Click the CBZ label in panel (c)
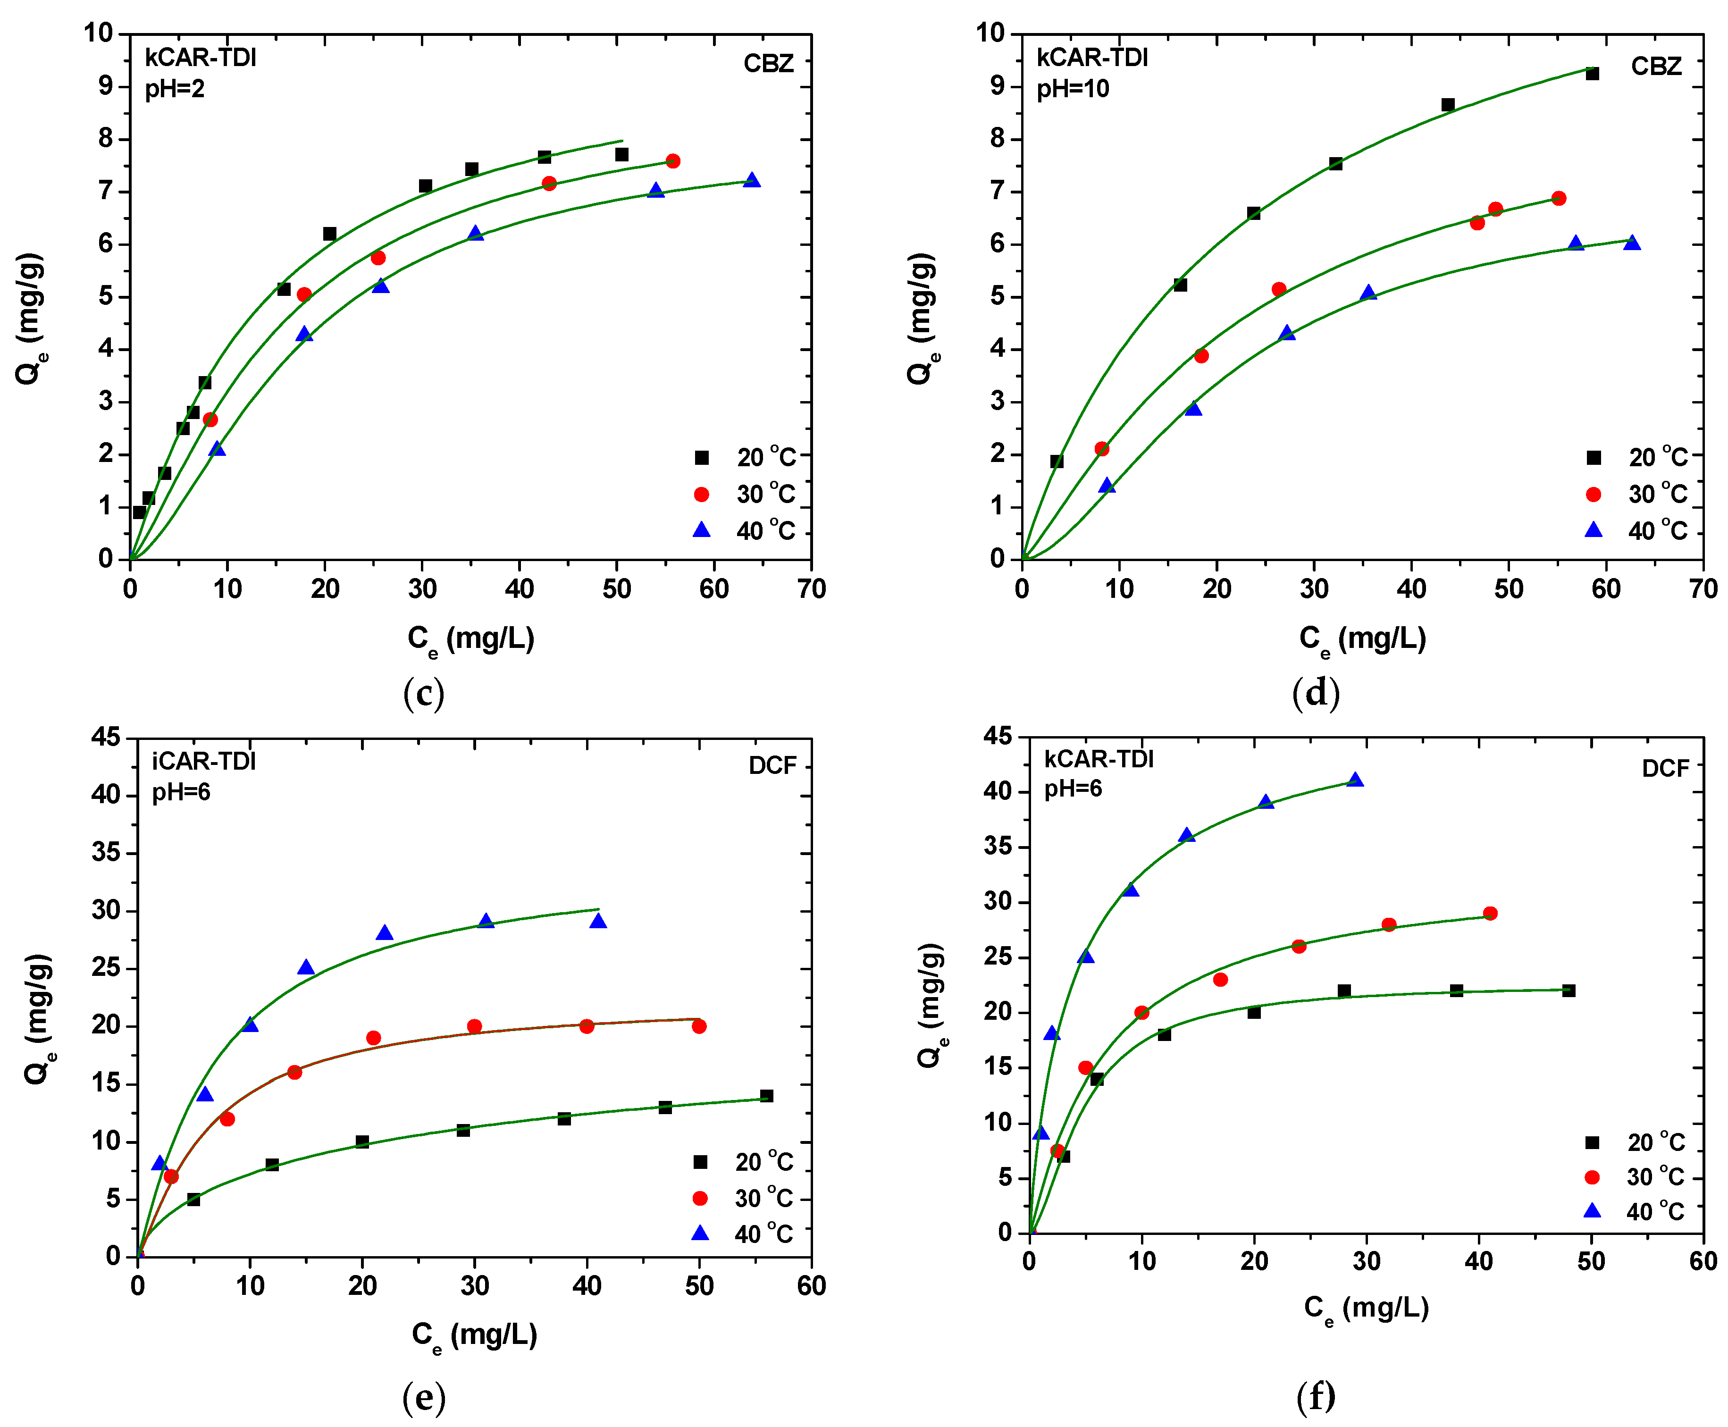tap(768, 64)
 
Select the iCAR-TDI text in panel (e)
tap(204, 761)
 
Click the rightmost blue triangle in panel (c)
tap(751, 180)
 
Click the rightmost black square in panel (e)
tap(766, 1096)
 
